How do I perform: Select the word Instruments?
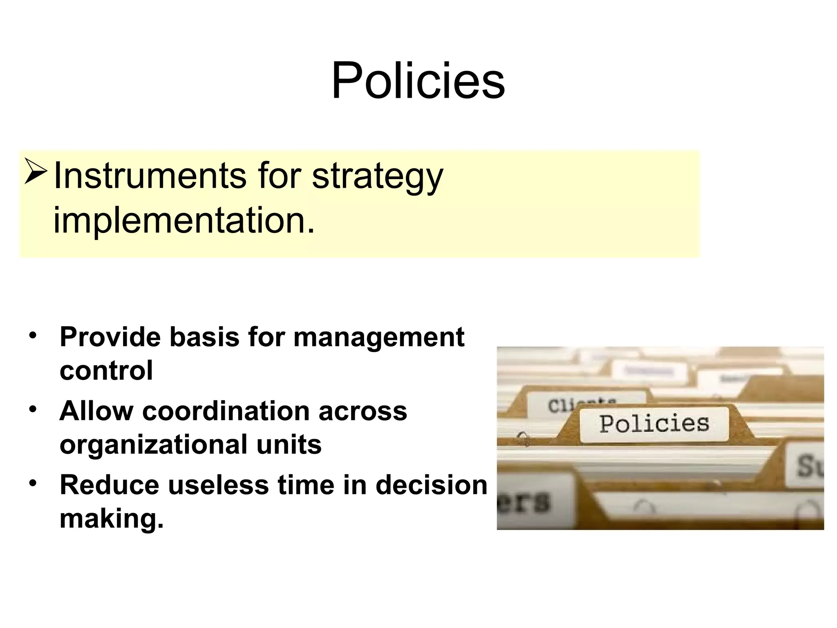(x=150, y=176)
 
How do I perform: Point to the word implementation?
(x=184, y=220)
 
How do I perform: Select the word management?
(x=379, y=338)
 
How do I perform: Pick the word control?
(x=106, y=370)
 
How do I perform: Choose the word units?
(x=289, y=444)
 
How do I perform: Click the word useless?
(x=218, y=485)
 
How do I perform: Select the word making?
(x=111, y=518)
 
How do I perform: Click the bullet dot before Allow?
(x=33, y=409)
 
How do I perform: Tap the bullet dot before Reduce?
(x=33, y=483)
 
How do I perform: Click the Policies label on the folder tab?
(x=654, y=424)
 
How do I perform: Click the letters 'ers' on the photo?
(x=524, y=502)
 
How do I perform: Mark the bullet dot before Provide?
(x=33, y=335)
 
